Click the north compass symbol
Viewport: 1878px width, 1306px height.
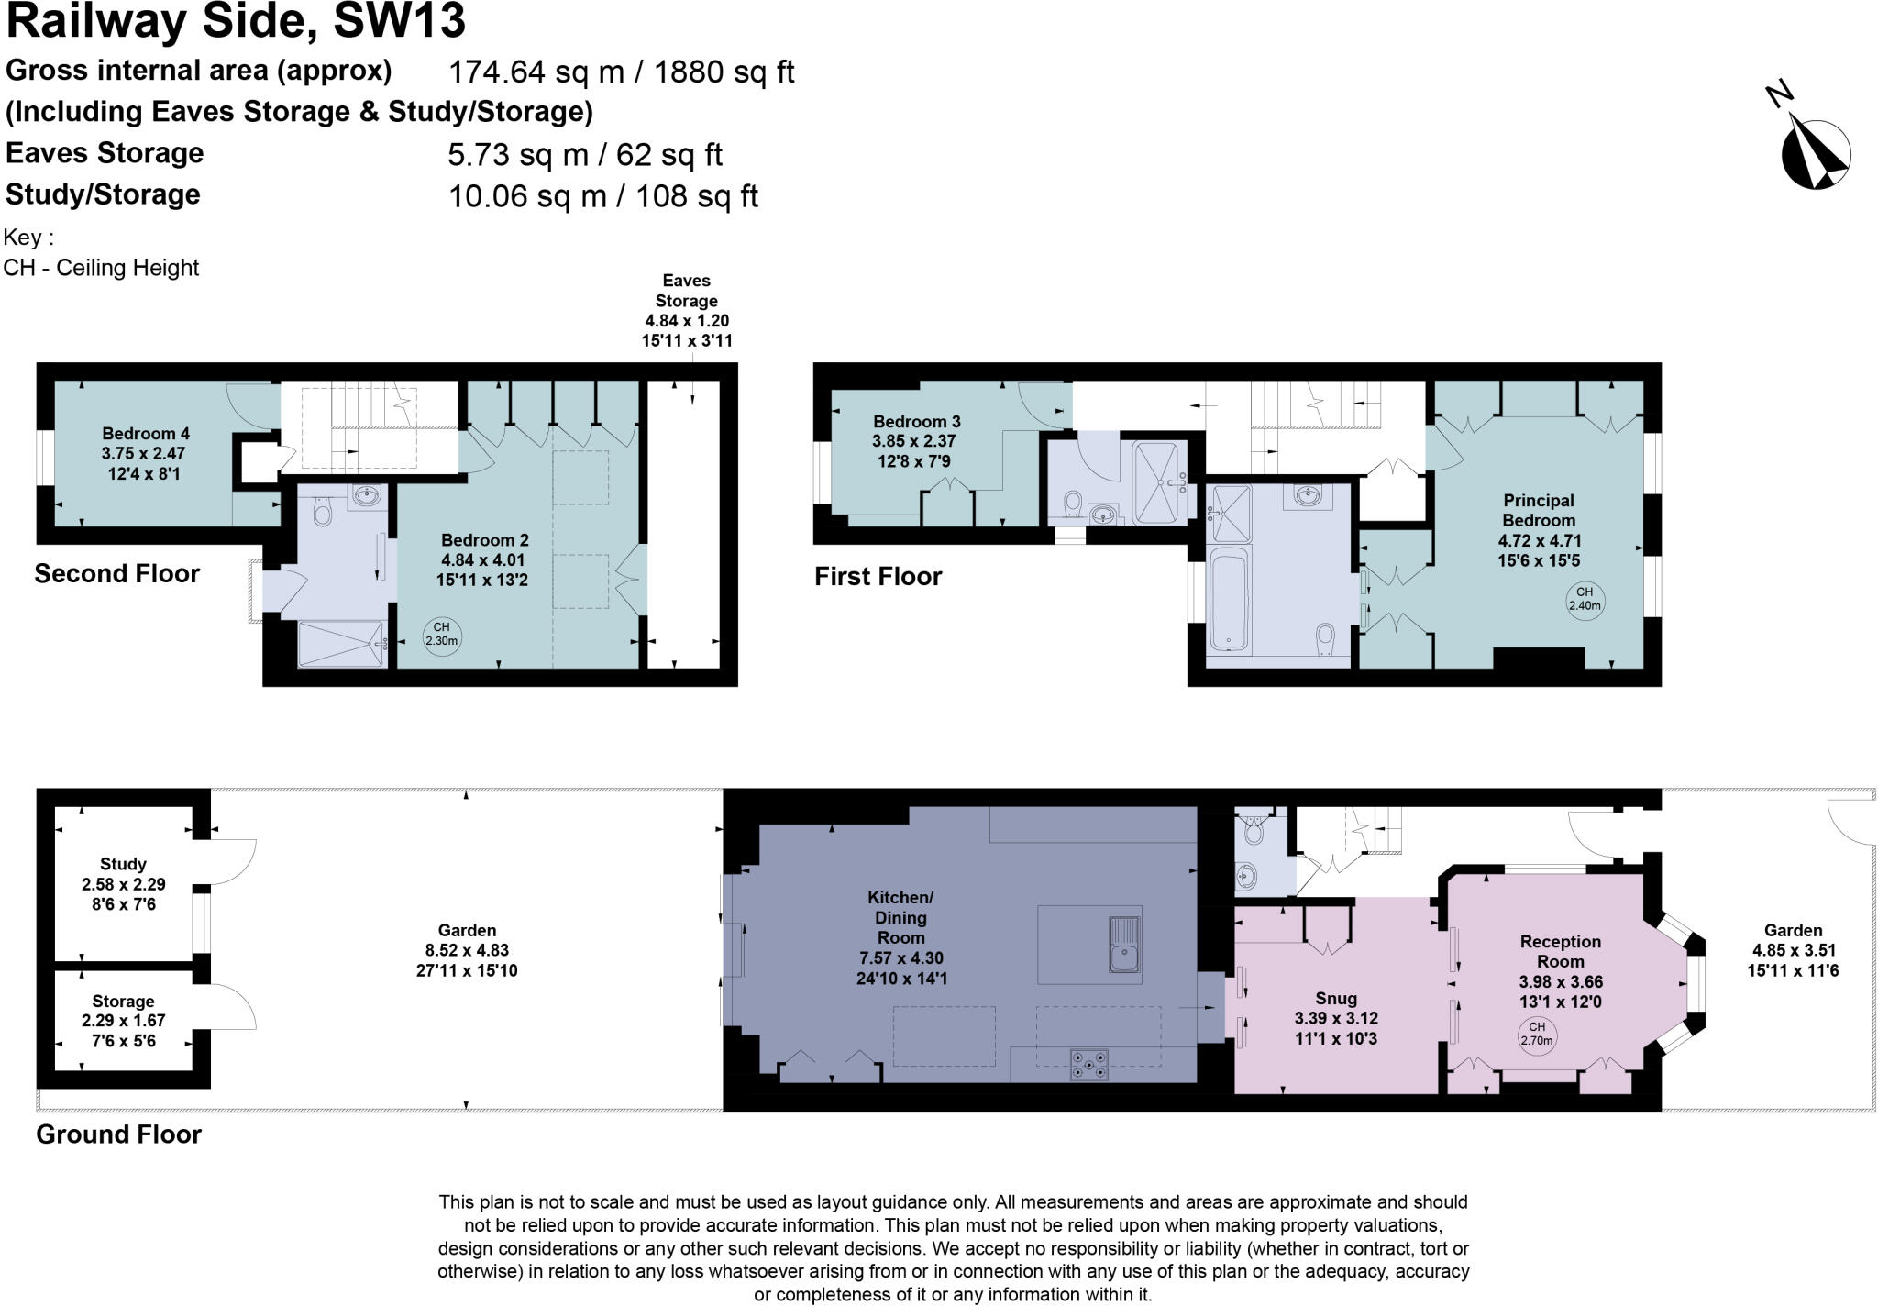[x=1815, y=154]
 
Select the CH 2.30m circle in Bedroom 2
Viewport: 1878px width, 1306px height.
[x=441, y=635]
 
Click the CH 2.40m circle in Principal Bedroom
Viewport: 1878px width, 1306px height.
[x=1585, y=599]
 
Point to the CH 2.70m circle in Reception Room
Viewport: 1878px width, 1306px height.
[x=1537, y=1034]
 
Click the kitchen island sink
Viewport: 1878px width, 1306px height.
[x=1123, y=945]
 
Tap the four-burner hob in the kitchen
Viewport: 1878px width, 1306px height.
[x=1088, y=1065]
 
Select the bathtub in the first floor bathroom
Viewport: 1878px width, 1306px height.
[x=1230, y=598]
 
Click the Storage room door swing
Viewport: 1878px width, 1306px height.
[x=234, y=1005]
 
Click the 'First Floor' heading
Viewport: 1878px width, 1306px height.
[x=878, y=576]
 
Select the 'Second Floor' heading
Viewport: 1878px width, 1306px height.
[x=116, y=573]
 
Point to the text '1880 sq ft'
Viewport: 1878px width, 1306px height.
[x=724, y=72]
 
